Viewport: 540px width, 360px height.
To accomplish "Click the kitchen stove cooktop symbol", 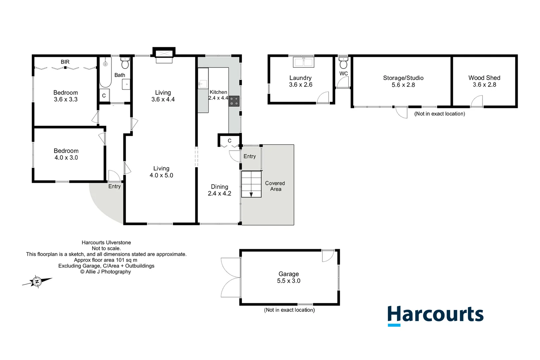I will (234, 101).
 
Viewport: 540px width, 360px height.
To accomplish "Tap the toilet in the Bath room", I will (125, 63).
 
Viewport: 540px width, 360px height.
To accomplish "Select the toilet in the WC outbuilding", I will (343, 63).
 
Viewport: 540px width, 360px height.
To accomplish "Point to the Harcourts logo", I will (435, 315).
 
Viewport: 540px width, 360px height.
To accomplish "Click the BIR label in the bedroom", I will (65, 62).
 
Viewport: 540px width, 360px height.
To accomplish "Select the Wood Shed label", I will (484, 78).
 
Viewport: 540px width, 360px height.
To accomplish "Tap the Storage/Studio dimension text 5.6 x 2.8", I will (403, 85).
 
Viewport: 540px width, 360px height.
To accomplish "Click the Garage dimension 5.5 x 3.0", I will (288, 281).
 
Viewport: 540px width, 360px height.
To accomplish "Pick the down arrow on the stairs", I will (251, 194).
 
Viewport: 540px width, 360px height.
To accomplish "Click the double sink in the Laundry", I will (303, 62).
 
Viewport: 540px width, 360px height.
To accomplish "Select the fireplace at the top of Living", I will (164, 55).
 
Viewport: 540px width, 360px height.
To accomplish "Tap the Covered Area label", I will (275, 186).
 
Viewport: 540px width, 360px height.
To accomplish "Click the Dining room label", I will (219, 187).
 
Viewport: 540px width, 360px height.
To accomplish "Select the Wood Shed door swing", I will (477, 101).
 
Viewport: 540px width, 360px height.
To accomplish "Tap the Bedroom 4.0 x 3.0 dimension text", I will (66, 158).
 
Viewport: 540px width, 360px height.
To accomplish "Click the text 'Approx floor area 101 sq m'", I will (106, 260).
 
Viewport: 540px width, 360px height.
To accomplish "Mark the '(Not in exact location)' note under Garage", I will (289, 310).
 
